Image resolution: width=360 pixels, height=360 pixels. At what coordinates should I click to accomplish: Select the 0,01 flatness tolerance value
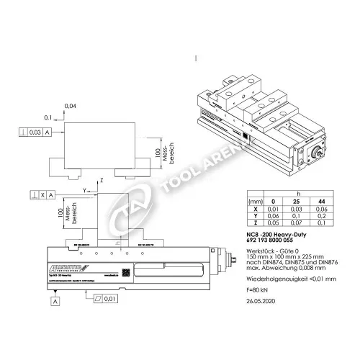click(109, 298)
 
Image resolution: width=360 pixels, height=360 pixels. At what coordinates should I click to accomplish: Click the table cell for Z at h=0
click(272, 223)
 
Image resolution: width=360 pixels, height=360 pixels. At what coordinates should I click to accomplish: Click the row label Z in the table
click(253, 223)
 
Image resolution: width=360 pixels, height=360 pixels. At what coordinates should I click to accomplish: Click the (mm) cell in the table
click(253, 199)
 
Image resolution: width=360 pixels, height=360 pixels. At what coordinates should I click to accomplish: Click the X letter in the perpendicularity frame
click(43, 194)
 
